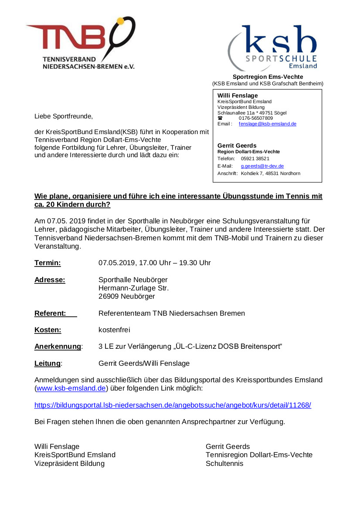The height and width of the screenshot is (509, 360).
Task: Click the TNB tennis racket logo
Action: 81,43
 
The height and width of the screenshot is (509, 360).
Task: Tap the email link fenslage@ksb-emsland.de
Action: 267,124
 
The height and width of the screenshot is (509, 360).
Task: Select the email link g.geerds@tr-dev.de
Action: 262,166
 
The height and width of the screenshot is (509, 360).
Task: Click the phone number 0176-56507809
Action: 255,118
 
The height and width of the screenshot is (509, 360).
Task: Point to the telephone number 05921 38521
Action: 255,158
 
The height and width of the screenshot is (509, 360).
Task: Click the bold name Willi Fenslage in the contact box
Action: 238,95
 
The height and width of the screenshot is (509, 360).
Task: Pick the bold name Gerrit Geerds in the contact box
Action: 237,145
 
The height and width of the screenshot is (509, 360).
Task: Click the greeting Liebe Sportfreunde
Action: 64,116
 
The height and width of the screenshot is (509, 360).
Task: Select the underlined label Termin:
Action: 48,263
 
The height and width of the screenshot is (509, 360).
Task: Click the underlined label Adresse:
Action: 50,280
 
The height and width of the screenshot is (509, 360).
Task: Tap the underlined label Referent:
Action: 51,313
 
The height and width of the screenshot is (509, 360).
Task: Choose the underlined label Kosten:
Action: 48,330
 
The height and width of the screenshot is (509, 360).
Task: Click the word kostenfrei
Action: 114,330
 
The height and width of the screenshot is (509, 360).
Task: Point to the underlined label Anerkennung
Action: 58,347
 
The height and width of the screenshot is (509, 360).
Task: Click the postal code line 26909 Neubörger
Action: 126,297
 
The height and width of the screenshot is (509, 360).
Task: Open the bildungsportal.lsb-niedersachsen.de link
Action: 173,405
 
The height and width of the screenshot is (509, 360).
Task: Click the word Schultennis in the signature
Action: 224,463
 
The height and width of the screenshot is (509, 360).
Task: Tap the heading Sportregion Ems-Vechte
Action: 268,77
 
